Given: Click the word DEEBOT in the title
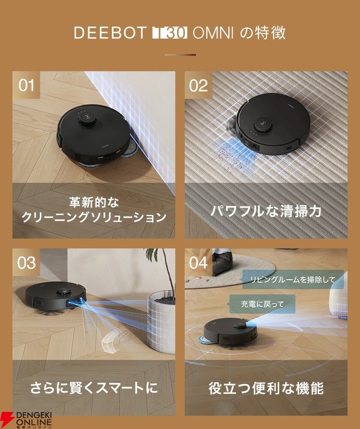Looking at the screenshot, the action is [110, 33].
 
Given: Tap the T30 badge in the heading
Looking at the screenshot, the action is [169, 33].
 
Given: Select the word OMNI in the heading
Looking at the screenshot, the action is [213, 33].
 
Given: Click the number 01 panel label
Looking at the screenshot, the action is [26, 85].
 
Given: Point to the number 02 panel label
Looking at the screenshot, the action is [198, 85].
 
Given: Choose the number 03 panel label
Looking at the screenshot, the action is [26, 263].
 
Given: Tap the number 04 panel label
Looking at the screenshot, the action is [198, 263].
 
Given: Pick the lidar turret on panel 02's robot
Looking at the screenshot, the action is [264, 125].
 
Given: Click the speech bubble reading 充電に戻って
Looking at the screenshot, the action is [262, 304].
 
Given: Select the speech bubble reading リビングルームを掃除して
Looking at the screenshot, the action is [292, 280].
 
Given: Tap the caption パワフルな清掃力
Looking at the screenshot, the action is [266, 211].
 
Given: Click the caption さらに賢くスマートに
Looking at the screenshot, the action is [94, 388].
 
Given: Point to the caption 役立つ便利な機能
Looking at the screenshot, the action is [266, 388].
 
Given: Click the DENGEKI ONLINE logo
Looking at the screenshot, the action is [26, 420].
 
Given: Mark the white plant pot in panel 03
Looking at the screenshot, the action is [161, 323].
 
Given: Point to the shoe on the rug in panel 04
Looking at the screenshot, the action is [222, 262].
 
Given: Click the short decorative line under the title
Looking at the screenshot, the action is [180, 55].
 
